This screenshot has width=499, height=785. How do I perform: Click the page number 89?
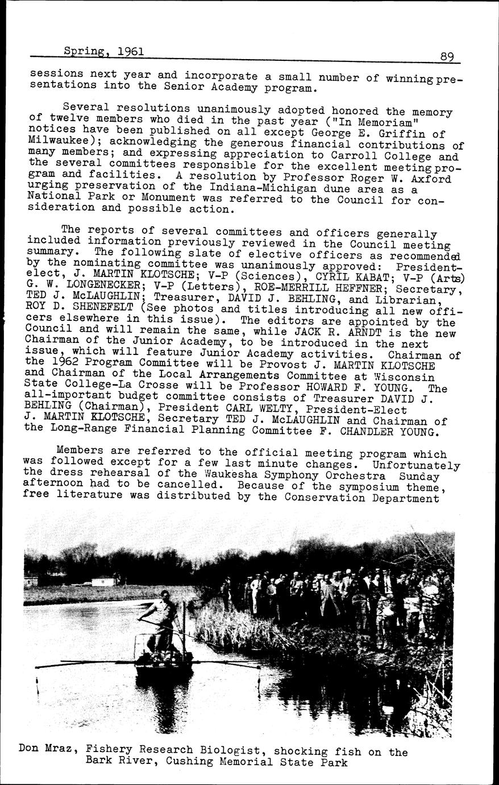pos(447,57)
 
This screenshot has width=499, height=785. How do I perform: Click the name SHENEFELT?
pos(92,311)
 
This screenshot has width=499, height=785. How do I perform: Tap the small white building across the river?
pos(106,582)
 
